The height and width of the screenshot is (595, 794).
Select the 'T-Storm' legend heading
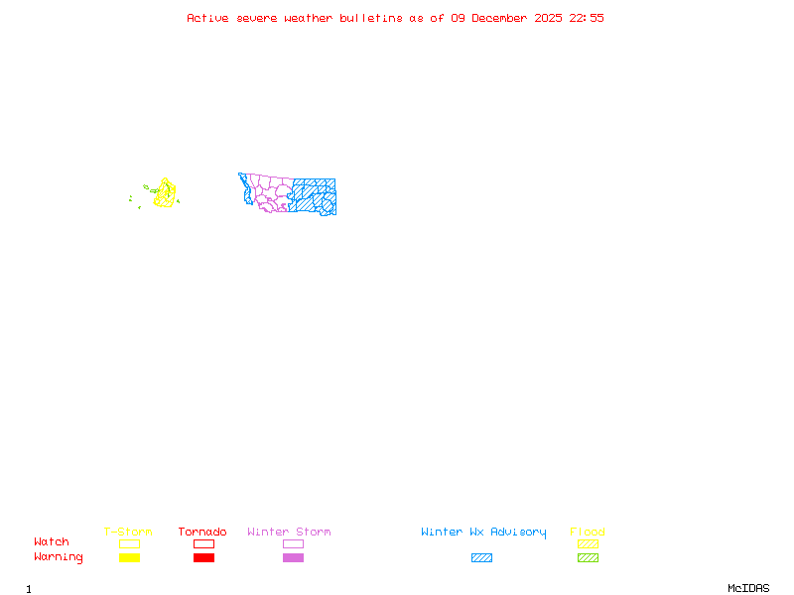click(x=128, y=533)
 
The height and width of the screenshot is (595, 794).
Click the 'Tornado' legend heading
click(x=202, y=533)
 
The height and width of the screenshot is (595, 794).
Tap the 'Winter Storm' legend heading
click(x=289, y=533)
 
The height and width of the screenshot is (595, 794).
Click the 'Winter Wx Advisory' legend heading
click(x=483, y=533)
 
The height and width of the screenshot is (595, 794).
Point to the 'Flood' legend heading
click(x=588, y=533)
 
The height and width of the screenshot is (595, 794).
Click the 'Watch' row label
click(x=52, y=542)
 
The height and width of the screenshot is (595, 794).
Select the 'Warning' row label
click(x=59, y=557)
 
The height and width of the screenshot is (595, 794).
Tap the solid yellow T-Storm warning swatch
click(x=129, y=557)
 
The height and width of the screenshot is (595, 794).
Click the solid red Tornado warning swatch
click(x=203, y=557)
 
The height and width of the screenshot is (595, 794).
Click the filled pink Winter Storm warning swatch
click(x=293, y=557)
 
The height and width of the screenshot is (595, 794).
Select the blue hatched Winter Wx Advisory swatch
click(x=481, y=557)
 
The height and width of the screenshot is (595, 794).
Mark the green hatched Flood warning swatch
click(x=588, y=557)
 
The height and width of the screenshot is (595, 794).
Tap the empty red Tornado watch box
click(x=203, y=543)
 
